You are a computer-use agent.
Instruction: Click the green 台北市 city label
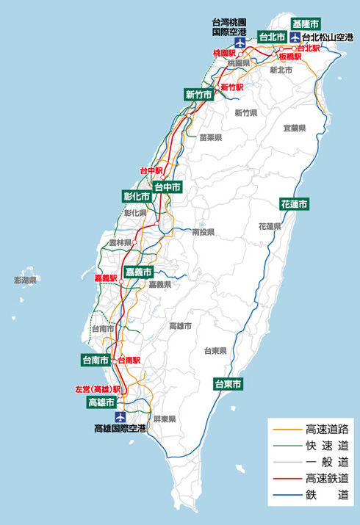(x=271, y=37)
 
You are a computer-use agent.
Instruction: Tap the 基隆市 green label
(x=306, y=23)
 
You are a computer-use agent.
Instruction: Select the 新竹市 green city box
(x=199, y=94)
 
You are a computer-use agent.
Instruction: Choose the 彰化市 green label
(x=137, y=197)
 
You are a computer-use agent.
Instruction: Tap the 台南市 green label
(x=96, y=361)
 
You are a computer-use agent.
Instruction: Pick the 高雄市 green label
(x=101, y=402)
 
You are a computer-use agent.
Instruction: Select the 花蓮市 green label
(x=294, y=203)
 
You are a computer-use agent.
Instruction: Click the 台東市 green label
(x=228, y=383)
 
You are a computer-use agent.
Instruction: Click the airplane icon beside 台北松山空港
(x=295, y=37)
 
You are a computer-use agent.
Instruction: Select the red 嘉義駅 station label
(x=107, y=278)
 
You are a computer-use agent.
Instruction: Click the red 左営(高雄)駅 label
(x=98, y=389)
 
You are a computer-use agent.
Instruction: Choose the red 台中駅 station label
(x=150, y=170)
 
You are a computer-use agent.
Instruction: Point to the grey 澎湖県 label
(x=25, y=280)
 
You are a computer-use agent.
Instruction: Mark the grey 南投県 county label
(x=203, y=232)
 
